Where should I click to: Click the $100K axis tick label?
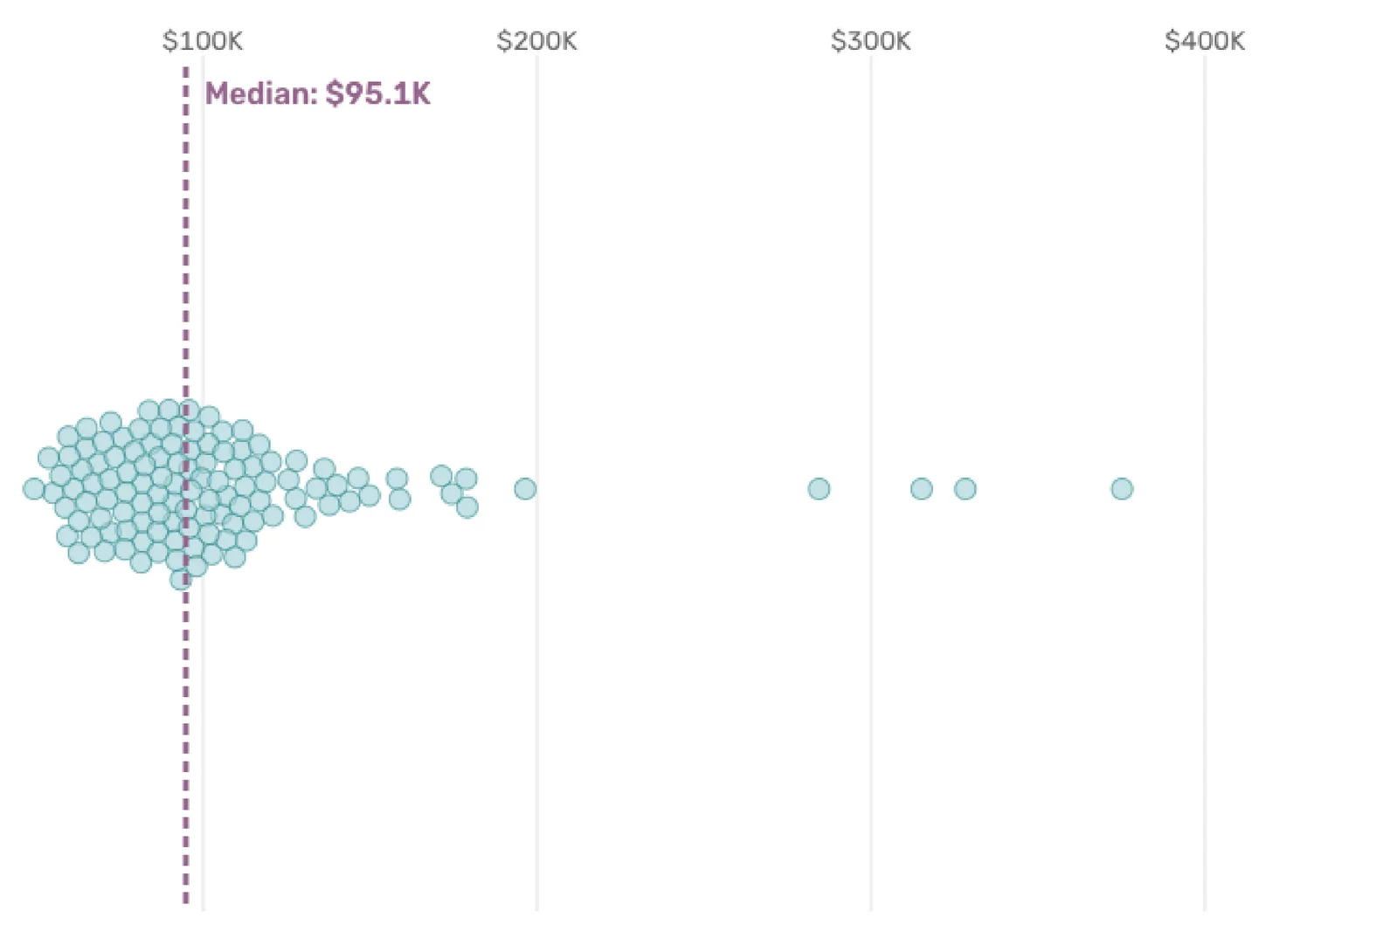[203, 41]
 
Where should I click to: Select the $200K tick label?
[536, 41]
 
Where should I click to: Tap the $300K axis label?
[870, 41]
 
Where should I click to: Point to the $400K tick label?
[1204, 41]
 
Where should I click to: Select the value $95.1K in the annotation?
[378, 93]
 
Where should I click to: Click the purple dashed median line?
[186, 699]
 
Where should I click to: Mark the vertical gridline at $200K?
[537, 699]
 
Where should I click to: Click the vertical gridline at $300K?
[871, 699]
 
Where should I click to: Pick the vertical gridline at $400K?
[1205, 699]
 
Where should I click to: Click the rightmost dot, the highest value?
[1122, 489]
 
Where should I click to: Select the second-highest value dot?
[965, 489]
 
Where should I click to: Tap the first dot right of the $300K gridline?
[921, 489]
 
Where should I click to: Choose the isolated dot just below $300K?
[819, 489]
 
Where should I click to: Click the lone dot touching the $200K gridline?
[525, 489]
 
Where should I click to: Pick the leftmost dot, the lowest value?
[34, 489]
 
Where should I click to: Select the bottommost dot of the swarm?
[180, 579]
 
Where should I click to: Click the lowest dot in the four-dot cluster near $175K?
[467, 507]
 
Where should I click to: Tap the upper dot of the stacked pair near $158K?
[397, 479]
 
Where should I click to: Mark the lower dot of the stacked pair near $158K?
[399, 500]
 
